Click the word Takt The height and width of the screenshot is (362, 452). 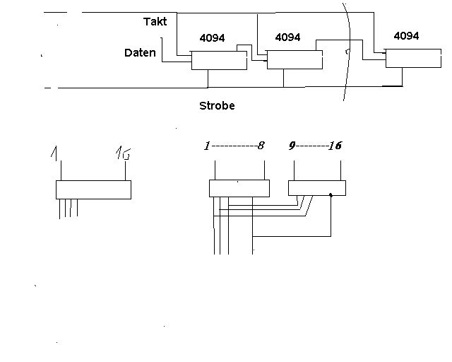pyautogui.click(x=155, y=22)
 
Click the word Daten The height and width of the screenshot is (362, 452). pyautogui.click(x=140, y=53)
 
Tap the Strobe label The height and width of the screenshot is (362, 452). pyautogui.click(x=217, y=106)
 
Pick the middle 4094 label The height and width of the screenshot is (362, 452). pyautogui.click(x=287, y=37)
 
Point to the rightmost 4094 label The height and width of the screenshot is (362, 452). pyautogui.click(x=406, y=35)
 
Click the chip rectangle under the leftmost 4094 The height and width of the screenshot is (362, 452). pyautogui.click(x=219, y=61)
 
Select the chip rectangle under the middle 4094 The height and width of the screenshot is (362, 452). pyautogui.click(x=295, y=60)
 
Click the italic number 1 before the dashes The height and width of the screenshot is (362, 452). pyautogui.click(x=206, y=146)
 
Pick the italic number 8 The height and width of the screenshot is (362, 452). pyautogui.click(x=261, y=146)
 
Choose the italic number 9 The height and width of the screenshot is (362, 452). pyautogui.click(x=292, y=146)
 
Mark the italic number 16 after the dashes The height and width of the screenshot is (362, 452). pyautogui.click(x=335, y=146)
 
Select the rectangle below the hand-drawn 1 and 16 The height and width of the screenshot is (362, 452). pyautogui.click(x=93, y=189)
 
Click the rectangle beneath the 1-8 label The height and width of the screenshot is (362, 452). pyautogui.click(x=239, y=188)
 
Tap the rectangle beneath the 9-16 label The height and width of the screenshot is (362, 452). pyautogui.click(x=317, y=187)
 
